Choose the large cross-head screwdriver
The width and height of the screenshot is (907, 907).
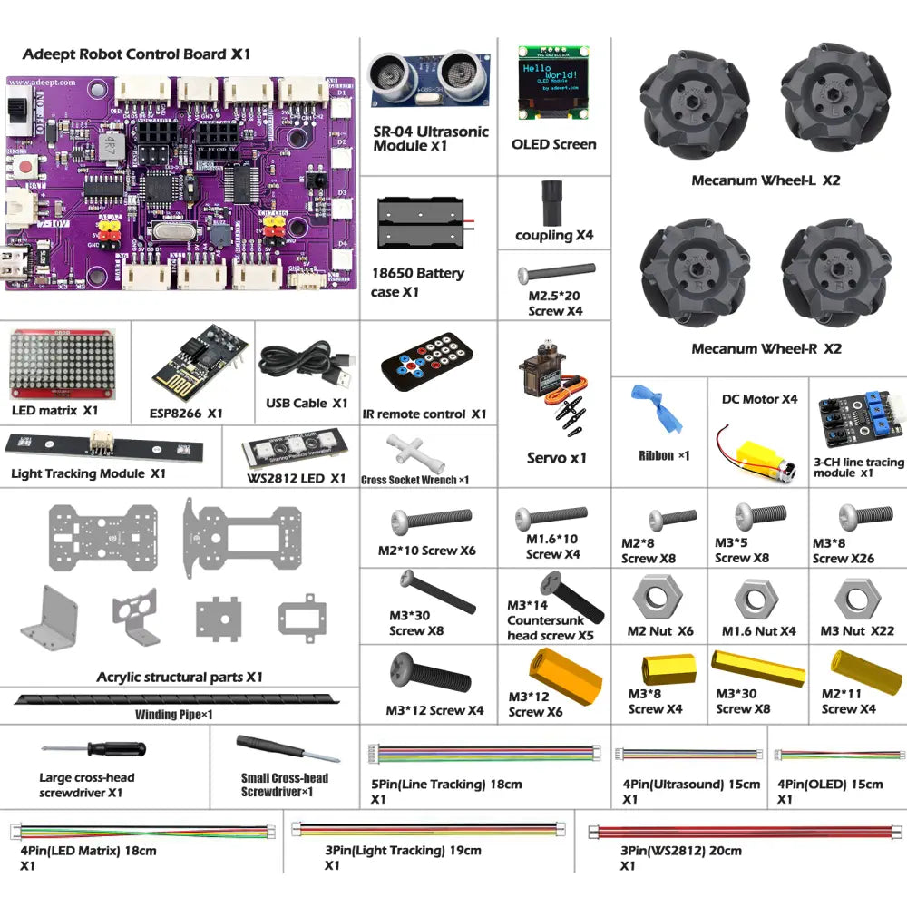click(93, 750)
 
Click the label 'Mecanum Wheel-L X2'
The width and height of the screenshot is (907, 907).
click(766, 180)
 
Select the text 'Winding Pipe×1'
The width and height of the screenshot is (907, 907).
click(174, 715)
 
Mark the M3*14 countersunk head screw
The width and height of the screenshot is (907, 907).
click(571, 593)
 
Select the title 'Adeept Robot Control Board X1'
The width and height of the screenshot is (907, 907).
click(136, 54)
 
